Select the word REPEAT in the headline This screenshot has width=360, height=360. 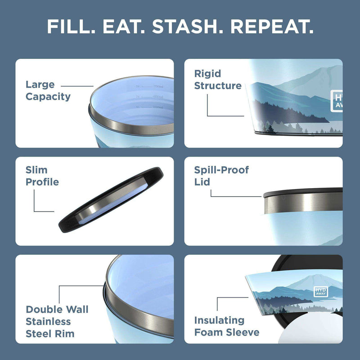(x=274, y=27)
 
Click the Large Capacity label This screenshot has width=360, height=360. (x=48, y=90)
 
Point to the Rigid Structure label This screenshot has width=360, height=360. (x=218, y=80)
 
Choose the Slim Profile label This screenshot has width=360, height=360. (x=42, y=176)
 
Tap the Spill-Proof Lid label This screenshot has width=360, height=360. (x=221, y=176)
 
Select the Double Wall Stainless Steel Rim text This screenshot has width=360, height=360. (x=57, y=321)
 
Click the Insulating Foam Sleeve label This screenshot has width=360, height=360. (x=227, y=326)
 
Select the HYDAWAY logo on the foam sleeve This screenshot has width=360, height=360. (x=321, y=292)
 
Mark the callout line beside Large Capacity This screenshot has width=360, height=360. (x=76, y=85)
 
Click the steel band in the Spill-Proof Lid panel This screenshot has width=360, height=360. (x=301, y=205)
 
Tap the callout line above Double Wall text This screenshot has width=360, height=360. (x=81, y=286)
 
